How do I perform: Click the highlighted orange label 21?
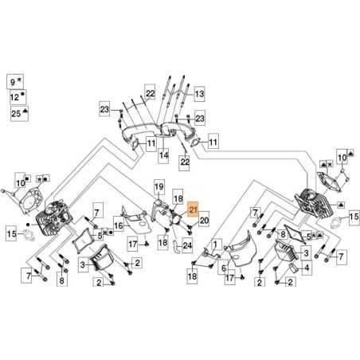[193, 210]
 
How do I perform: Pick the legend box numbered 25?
[14, 115]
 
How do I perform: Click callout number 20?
[204, 220]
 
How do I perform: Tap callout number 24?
[188, 245]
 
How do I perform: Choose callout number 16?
[118, 226]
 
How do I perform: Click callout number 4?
[307, 268]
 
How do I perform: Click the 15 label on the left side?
[11, 234]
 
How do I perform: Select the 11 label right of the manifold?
[212, 143]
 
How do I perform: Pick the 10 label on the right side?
[343, 159]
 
